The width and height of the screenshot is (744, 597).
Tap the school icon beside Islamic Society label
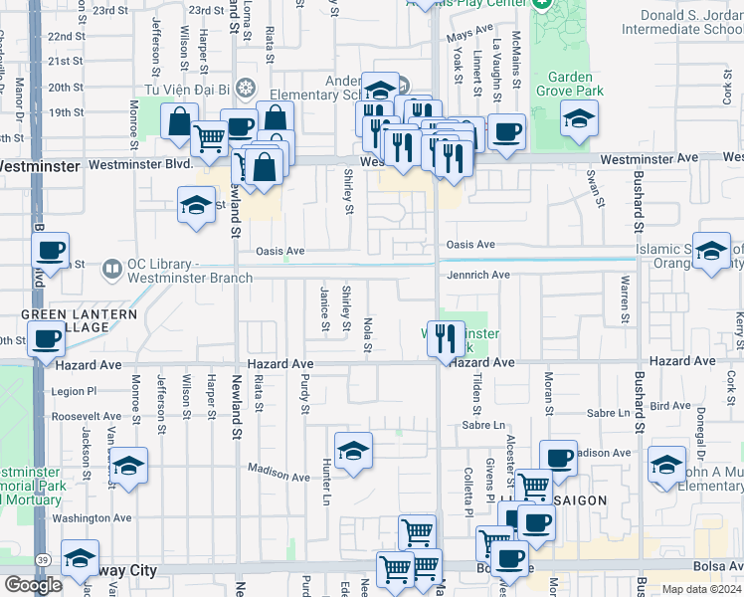coord(710,253)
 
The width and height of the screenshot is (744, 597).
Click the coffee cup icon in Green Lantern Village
coord(47,338)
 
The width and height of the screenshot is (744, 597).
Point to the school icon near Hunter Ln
coord(353,451)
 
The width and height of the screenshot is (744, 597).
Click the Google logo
coord(33,585)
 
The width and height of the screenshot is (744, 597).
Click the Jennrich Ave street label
coord(478,275)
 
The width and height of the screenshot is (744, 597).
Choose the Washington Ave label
coord(93,518)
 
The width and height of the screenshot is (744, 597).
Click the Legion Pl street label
coord(76,391)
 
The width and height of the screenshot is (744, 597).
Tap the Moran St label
coord(548,391)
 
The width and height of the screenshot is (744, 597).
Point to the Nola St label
coord(367,334)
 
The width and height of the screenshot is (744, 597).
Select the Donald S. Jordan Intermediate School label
coord(680,22)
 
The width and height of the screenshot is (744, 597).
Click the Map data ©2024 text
coord(701,589)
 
